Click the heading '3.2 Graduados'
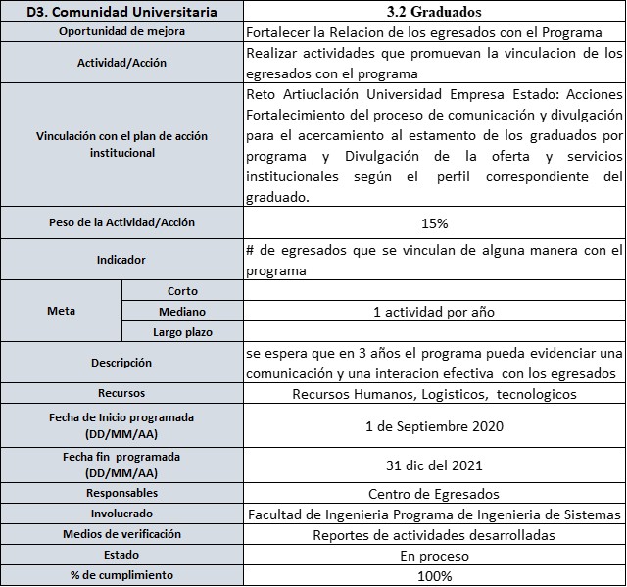434,13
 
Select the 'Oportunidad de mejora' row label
121,31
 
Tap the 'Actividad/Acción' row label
121,63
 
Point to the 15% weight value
434,222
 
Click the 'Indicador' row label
121,260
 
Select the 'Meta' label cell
61,311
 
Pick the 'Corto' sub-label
182,290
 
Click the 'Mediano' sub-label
182,312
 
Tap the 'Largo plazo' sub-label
182,332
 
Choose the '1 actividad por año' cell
434,312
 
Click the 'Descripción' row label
121,363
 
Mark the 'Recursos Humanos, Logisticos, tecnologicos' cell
434,394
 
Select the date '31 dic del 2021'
434,465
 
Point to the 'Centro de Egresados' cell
434,493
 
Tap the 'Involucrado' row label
121,514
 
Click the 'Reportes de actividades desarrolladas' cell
434,535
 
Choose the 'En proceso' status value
434,556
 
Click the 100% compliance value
434,575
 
